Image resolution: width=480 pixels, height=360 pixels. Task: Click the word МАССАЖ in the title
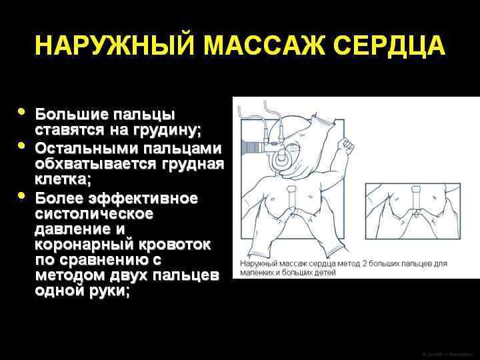point(259,47)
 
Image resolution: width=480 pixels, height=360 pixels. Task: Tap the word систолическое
point(93,214)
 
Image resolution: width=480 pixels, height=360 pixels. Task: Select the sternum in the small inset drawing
point(415,200)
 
